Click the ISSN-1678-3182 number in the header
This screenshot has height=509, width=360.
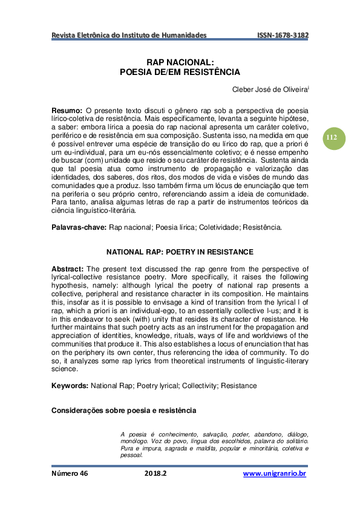(283, 36)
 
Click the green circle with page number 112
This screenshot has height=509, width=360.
(332, 137)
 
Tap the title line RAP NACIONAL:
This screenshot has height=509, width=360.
(180, 62)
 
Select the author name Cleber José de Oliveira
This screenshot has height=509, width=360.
(270, 90)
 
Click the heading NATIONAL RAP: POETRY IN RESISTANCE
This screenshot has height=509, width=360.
(180, 251)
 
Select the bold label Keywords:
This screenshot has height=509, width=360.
(70, 385)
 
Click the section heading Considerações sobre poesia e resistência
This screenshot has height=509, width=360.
(123, 410)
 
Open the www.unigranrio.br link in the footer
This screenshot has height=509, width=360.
(275, 473)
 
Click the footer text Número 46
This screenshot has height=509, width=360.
(70, 473)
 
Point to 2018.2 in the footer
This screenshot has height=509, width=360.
(155, 473)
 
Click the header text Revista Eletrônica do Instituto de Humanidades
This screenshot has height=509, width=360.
(129, 36)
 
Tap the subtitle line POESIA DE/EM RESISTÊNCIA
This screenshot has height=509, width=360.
(180, 71)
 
